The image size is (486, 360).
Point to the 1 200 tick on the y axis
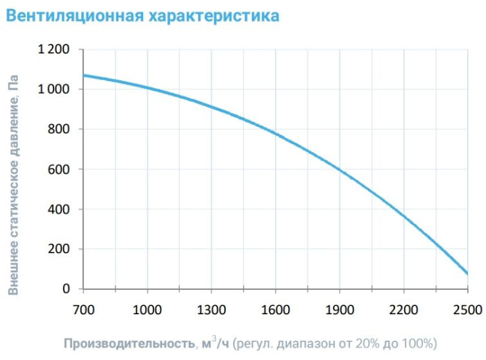click(x=53, y=50)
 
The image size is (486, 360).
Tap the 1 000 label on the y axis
click(x=53, y=89)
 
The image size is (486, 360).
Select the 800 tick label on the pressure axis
click(x=59, y=130)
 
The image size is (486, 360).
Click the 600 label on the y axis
click(x=59, y=169)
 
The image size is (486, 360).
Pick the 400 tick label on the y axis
click(x=59, y=209)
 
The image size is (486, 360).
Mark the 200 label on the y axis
click(x=59, y=249)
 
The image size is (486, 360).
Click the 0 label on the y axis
click(x=67, y=289)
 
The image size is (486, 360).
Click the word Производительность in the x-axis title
click(x=128, y=343)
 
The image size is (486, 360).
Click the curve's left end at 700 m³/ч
click(x=83, y=75)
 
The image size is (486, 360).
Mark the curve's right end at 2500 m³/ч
click(x=467, y=273)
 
